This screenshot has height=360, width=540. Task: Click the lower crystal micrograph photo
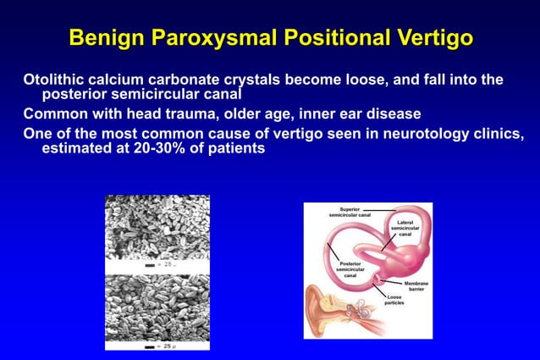(x=157, y=306)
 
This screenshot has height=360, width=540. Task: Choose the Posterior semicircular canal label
(x=350, y=269)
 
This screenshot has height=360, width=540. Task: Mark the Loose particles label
(x=394, y=300)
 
